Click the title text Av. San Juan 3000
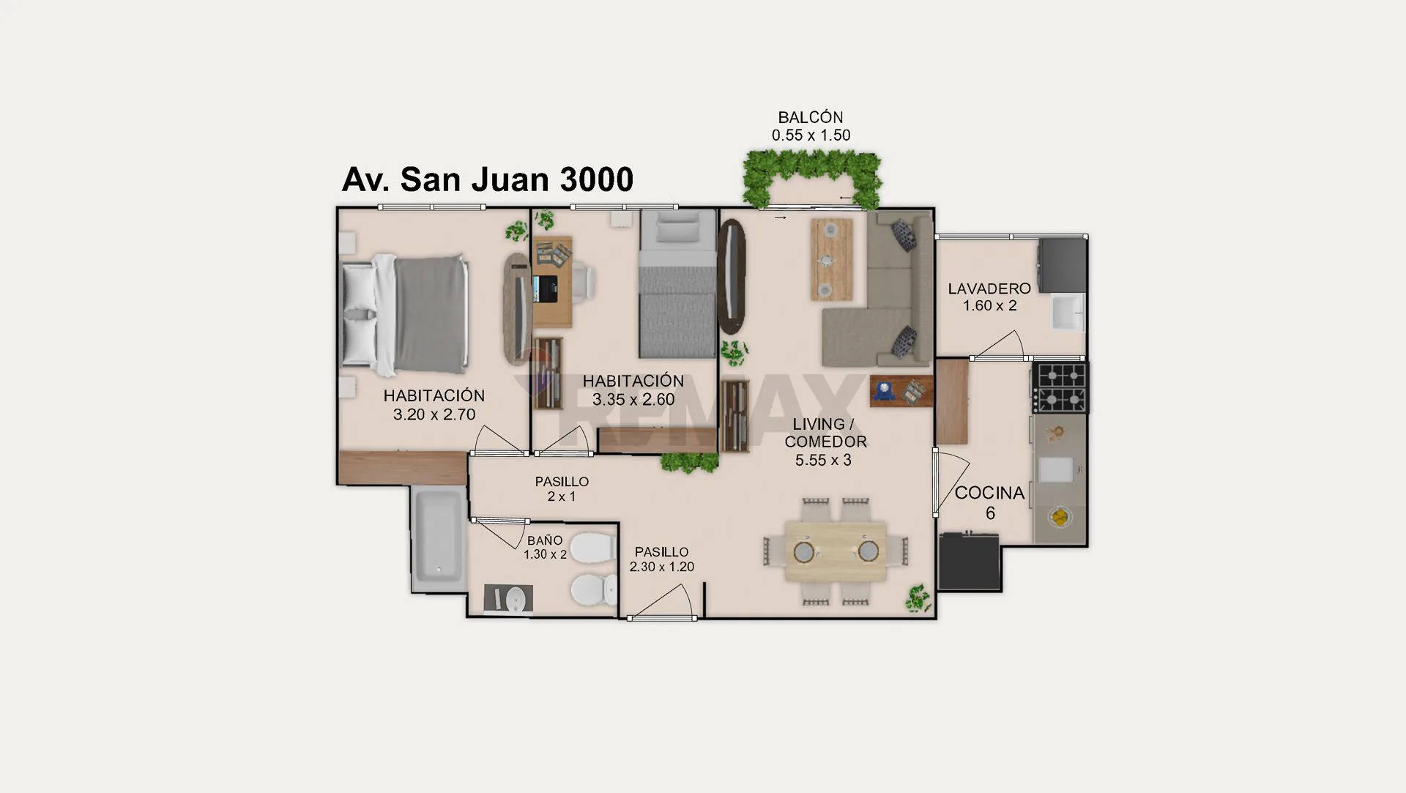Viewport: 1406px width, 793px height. pyautogui.click(x=488, y=179)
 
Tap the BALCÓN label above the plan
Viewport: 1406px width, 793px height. pyautogui.click(x=811, y=117)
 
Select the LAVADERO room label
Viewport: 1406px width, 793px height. pyautogui.click(x=989, y=288)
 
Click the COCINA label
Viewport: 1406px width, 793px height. pyautogui.click(x=989, y=493)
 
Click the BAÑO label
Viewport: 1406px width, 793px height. pyautogui.click(x=545, y=540)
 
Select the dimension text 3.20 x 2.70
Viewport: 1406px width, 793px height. pyautogui.click(x=434, y=414)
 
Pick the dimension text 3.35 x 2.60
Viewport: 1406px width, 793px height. pyautogui.click(x=633, y=400)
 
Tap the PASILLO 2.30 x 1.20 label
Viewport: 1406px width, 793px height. pyautogui.click(x=662, y=559)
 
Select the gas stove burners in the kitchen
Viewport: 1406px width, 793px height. pyautogui.click(x=1060, y=388)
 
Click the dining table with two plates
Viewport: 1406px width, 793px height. pyautogui.click(x=836, y=551)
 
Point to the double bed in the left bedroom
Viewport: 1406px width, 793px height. pyautogui.click(x=406, y=313)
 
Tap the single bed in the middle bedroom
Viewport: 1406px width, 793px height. pyautogui.click(x=677, y=284)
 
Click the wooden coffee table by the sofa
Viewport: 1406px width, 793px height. pyautogui.click(x=831, y=259)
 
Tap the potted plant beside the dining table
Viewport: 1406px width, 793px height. pyautogui.click(x=918, y=598)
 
